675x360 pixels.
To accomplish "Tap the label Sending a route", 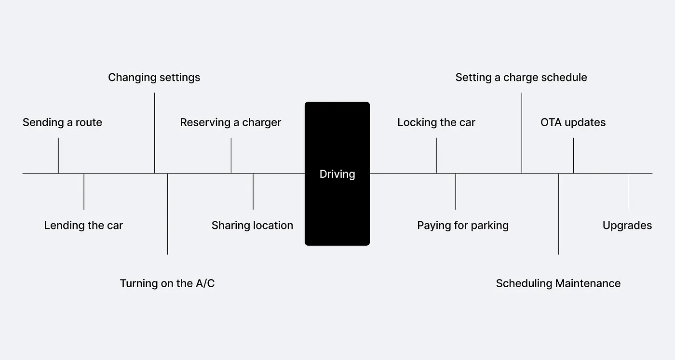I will click(62, 122).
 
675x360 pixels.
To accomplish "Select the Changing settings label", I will click(154, 78).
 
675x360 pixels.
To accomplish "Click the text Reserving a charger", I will click(230, 122).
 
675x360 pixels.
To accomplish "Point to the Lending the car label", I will click(83, 226).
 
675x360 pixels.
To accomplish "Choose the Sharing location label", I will click(252, 226).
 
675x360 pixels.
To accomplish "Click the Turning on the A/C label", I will click(167, 283).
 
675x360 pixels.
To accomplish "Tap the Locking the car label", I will click(436, 122).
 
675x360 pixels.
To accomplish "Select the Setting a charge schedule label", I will click(521, 78).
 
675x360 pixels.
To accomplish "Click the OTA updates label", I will click(573, 122).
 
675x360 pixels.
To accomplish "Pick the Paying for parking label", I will click(463, 226).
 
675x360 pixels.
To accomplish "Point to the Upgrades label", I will click(627, 226).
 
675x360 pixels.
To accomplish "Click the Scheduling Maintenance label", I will click(558, 283).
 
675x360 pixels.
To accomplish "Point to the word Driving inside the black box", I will click(337, 174).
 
